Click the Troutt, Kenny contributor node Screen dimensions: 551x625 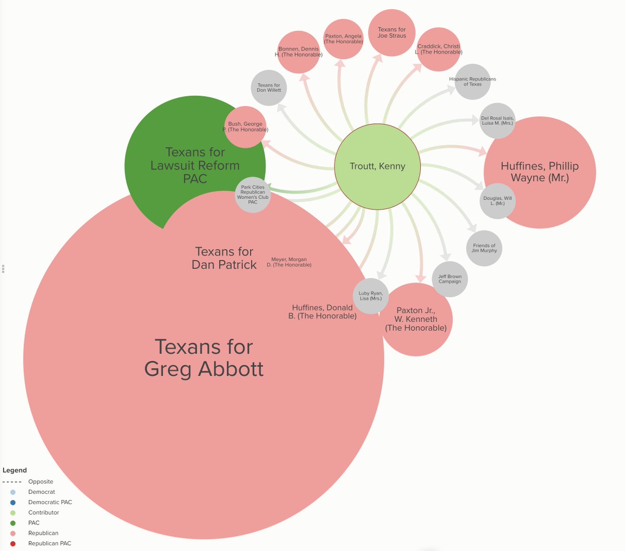pyautogui.click(x=377, y=166)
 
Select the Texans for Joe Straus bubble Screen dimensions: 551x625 pyautogui.click(x=392, y=32)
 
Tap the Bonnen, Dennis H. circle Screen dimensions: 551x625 pyautogui.click(x=298, y=52)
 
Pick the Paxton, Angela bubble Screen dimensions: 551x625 pyautogui.click(x=343, y=39)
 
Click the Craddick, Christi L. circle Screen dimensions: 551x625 pyautogui.click(x=439, y=49)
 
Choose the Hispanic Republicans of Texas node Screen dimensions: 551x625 pyautogui.click(x=472, y=82)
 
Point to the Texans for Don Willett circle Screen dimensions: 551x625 pyautogui.click(x=269, y=87)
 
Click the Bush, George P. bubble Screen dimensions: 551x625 pyautogui.click(x=245, y=127)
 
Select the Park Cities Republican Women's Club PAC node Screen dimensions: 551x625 pyautogui.click(x=253, y=195)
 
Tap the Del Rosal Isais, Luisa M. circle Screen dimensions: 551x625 pyautogui.click(x=497, y=121)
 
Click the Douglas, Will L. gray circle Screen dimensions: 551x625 pyautogui.click(x=497, y=201)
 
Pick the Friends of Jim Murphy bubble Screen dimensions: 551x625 pyautogui.click(x=484, y=248)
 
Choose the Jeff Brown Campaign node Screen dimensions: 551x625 pyautogui.click(x=449, y=279)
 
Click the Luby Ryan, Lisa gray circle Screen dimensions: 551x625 pyautogui.click(x=370, y=296)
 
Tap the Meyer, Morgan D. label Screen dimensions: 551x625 pyautogui.click(x=289, y=262)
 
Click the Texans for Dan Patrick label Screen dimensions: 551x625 pyautogui.click(x=224, y=258)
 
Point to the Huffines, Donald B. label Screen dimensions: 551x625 pyautogui.click(x=322, y=312)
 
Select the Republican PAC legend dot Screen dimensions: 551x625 pyautogui.click(x=13, y=543)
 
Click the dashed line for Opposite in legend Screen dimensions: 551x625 pyautogui.click(x=12, y=482)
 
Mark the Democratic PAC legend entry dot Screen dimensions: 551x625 pyautogui.click(x=13, y=502)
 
